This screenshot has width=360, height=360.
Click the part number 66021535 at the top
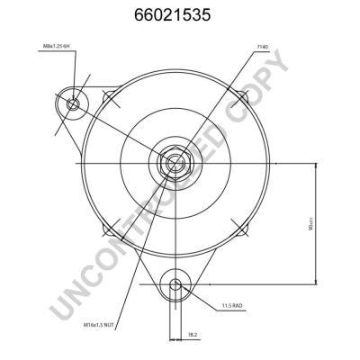click(179, 15)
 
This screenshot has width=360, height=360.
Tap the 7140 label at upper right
click(262, 47)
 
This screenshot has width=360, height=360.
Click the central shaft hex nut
click(174, 164)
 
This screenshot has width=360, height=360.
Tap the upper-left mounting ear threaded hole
click(74, 105)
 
